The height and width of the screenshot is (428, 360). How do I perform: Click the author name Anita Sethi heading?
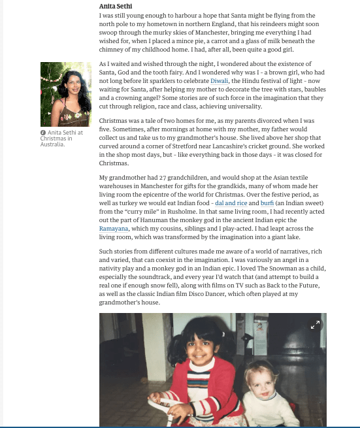[x=116, y=6]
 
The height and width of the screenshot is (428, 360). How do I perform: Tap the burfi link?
[x=267, y=203]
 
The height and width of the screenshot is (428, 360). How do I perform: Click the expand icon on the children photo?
[x=315, y=324]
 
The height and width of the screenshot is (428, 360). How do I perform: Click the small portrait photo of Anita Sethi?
[x=65, y=94]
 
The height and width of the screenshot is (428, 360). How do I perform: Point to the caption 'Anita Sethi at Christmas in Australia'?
[x=62, y=138]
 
